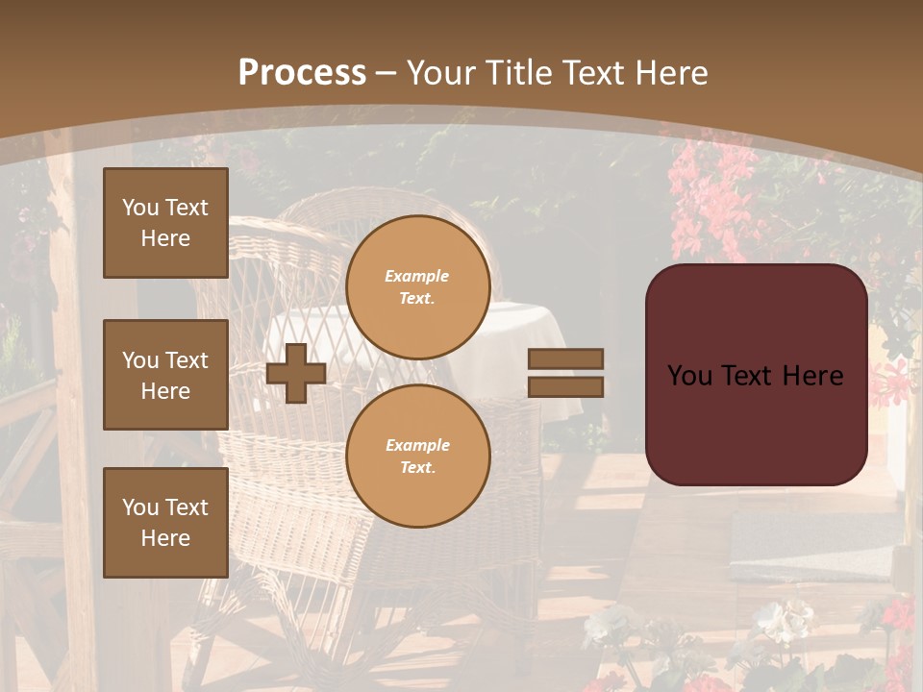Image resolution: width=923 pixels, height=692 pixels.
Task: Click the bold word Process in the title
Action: (x=302, y=73)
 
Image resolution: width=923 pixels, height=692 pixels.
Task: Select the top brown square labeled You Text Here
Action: (x=165, y=223)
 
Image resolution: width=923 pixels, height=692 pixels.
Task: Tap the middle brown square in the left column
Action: (x=165, y=375)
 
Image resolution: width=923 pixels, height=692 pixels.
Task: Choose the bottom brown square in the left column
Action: (x=165, y=523)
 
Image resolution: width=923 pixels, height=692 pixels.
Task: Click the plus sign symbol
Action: (x=296, y=373)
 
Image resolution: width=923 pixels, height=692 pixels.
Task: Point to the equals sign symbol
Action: (x=565, y=373)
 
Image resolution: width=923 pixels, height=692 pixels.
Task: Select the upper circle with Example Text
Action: (x=418, y=287)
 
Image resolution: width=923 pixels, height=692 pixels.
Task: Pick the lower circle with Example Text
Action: (x=418, y=457)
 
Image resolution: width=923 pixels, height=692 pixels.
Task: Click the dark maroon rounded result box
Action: (x=756, y=375)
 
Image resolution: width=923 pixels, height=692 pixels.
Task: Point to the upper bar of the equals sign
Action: (x=565, y=359)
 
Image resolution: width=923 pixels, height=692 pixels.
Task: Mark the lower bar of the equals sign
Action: (x=565, y=386)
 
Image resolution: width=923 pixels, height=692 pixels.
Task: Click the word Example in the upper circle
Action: (x=416, y=277)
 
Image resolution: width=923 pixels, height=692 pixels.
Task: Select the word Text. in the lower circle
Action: (x=417, y=468)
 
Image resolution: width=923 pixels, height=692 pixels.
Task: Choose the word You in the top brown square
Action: (x=140, y=208)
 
